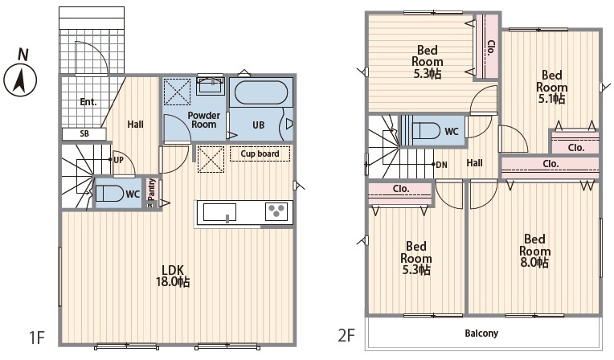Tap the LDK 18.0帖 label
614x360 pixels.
click(173, 276)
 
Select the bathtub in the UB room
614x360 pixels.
click(261, 92)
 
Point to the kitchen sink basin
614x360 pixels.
click(219, 212)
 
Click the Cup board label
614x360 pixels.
click(260, 153)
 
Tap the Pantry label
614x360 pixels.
click(152, 190)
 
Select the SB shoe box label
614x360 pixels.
click(84, 133)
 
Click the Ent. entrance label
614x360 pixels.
click(88, 102)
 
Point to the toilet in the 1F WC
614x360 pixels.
click(109, 194)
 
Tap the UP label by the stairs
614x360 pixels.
click(118, 160)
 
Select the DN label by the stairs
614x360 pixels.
click(441, 165)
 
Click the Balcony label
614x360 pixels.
click(481, 333)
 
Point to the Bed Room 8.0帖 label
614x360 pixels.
click(535, 251)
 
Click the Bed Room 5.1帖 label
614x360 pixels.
click(552, 87)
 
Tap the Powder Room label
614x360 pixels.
click(203, 120)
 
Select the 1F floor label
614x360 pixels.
click(38, 337)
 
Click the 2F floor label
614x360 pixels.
click(346, 335)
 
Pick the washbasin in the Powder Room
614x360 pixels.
click(211, 85)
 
